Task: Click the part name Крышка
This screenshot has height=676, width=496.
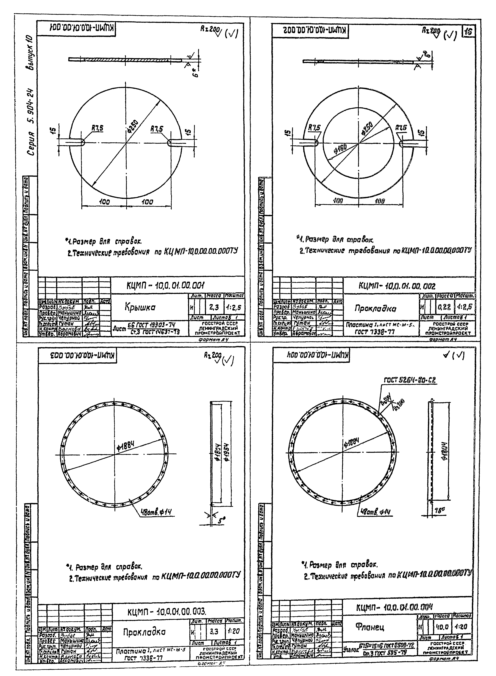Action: [x=140, y=307]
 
